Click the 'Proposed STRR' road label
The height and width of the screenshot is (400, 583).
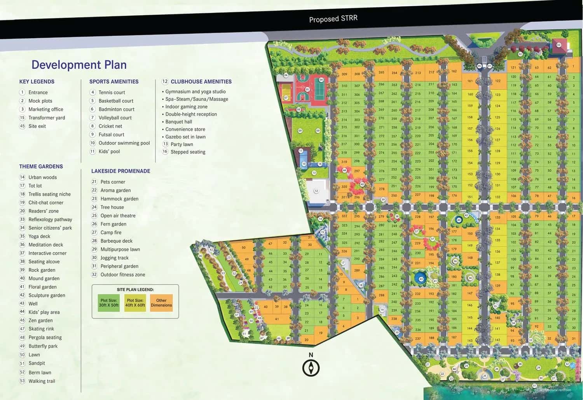point(333,19)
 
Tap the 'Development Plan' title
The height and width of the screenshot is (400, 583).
point(79,65)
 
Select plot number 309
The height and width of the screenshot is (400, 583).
point(344,74)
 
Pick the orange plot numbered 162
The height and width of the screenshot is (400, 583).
point(454,71)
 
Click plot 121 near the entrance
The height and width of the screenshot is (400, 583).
point(513,67)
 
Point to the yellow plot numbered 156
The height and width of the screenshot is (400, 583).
point(470,140)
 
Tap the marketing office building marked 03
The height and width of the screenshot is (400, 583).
point(559,45)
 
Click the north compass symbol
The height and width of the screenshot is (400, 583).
point(311,367)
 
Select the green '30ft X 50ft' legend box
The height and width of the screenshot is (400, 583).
point(108,303)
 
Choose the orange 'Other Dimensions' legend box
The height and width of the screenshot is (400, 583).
point(161,303)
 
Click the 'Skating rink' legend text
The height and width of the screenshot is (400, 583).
point(41,329)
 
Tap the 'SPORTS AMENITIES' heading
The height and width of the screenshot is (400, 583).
point(114,81)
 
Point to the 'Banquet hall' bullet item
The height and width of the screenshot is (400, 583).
point(178,121)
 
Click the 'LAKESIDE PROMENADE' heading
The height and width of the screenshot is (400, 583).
point(120,171)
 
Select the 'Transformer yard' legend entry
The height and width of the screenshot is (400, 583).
point(47,118)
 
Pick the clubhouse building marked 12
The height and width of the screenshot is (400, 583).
point(316,191)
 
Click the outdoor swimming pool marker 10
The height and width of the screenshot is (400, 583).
point(304,164)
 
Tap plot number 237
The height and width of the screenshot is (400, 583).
point(418,339)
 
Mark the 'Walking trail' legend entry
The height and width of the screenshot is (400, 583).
point(42,381)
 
